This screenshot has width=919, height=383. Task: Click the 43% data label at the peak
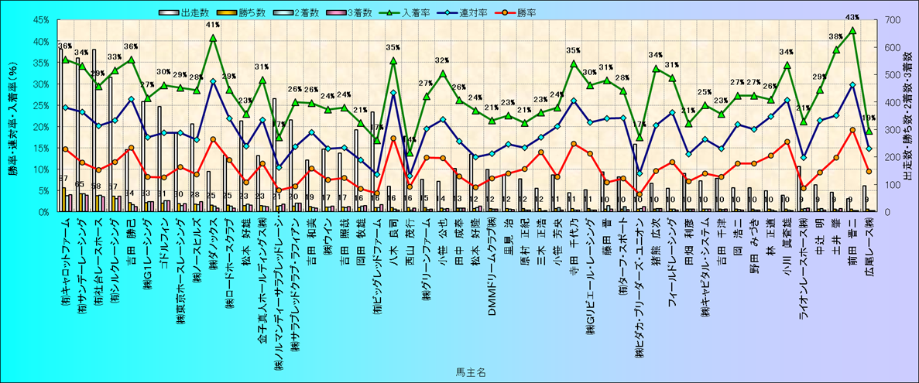pyautogui.click(x=852, y=17)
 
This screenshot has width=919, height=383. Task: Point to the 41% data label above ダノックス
pyautogui.click(x=213, y=25)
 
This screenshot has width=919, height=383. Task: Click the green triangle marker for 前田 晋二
pyautogui.click(x=852, y=30)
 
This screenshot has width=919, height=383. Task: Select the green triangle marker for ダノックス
pyautogui.click(x=213, y=38)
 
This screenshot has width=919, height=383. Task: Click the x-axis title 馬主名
pyautogui.click(x=470, y=373)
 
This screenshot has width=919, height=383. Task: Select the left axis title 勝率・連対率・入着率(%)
pyautogui.click(x=13, y=116)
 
